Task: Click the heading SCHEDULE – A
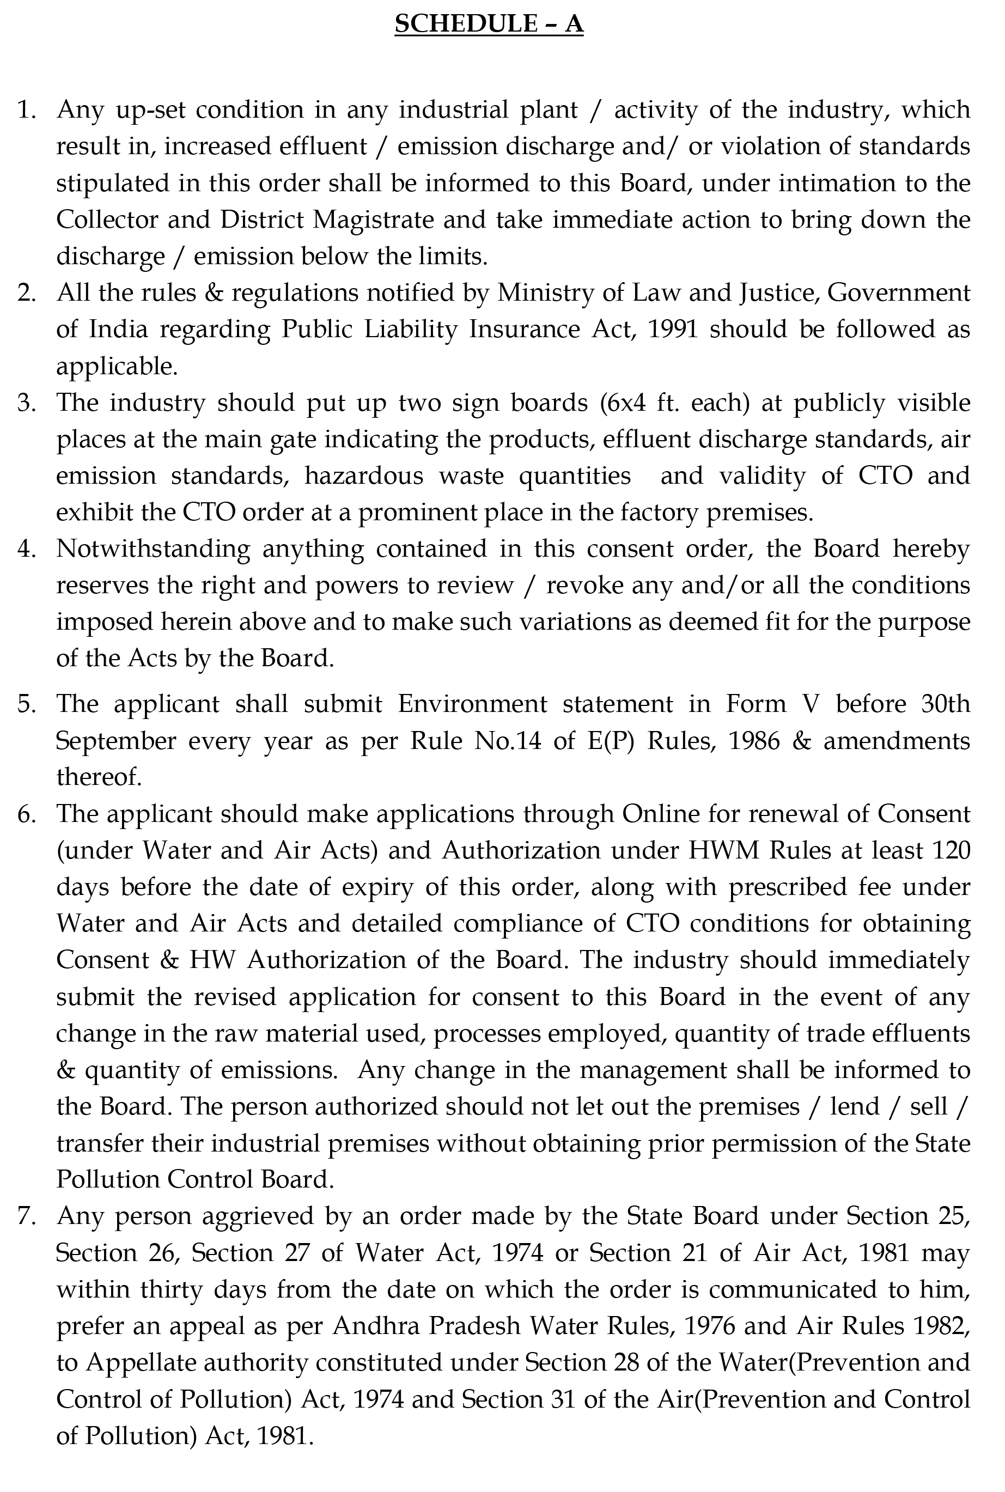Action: tap(489, 24)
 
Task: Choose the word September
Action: tap(116, 741)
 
